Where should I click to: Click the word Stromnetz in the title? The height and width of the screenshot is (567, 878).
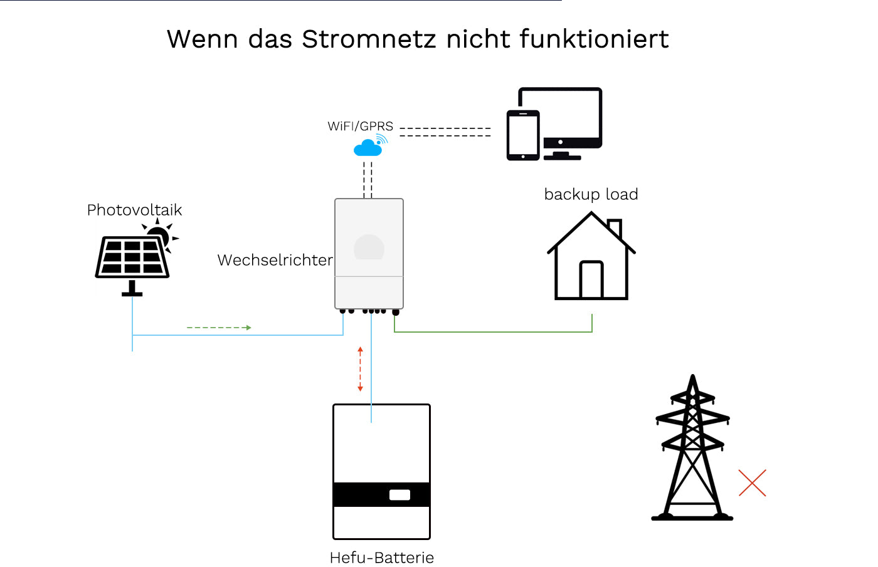[369, 39]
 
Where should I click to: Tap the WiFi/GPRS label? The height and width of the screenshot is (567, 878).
[360, 126]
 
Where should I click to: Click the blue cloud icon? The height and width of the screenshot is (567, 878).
[368, 148]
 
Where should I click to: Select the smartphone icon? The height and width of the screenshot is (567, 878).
[523, 135]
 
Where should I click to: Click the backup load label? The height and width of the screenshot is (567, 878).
[591, 194]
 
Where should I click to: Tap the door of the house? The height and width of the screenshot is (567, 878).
[591, 279]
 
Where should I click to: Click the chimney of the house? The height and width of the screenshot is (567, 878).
[615, 227]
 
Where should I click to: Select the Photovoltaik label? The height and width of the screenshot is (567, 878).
[134, 210]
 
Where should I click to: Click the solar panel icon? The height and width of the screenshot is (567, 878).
[132, 257]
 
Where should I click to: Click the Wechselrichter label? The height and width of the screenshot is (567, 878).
[275, 260]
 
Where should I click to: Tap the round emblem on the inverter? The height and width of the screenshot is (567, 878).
[369, 247]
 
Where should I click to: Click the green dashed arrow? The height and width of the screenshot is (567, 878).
[219, 328]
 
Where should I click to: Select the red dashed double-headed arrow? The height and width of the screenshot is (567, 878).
[360, 369]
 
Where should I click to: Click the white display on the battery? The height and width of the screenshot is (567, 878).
[399, 495]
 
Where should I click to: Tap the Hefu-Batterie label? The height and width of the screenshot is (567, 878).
[381, 558]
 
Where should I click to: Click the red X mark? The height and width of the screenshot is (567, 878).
[752, 483]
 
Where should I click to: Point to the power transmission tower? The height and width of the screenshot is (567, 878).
[692, 451]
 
